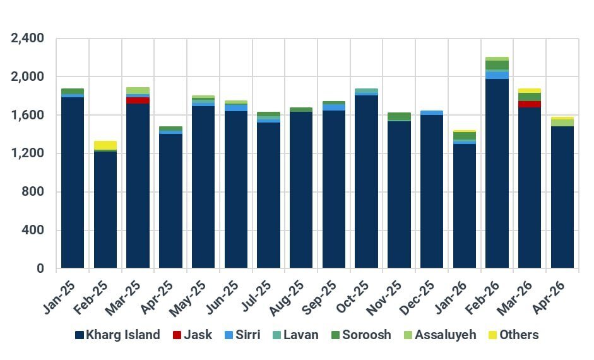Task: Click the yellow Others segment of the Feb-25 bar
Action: coord(105,145)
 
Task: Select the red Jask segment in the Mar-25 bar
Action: coord(138,100)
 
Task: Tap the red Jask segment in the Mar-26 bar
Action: coord(530,104)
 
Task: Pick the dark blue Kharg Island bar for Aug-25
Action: coord(301,189)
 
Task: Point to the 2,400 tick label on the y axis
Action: coord(28,39)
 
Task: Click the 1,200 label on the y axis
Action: coord(28,153)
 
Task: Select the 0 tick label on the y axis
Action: coord(40,269)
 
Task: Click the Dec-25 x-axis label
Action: coord(429,293)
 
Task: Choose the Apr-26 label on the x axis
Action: coord(561,293)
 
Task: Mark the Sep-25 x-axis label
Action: coord(331,293)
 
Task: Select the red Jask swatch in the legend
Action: coord(177,335)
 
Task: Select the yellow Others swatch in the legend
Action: coord(493,335)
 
